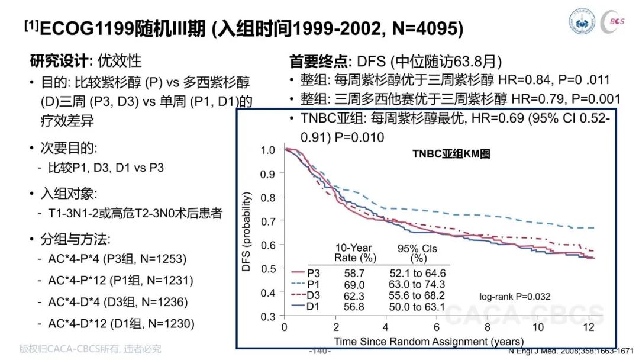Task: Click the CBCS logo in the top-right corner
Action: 616,21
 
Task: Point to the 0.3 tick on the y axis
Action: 268,316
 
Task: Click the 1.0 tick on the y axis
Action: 268,150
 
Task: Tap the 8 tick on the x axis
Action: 487,328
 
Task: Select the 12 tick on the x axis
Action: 588,328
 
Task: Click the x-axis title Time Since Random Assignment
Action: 428,341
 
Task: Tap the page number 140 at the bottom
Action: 320,351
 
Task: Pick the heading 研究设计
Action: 59,61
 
